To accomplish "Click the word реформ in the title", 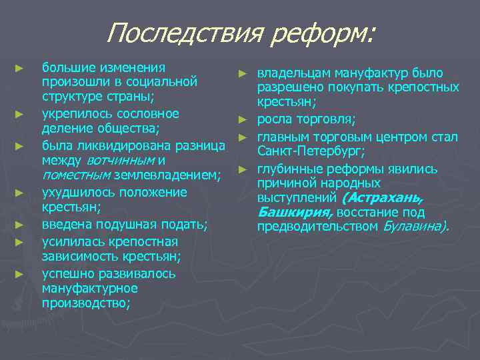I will click(x=321, y=33).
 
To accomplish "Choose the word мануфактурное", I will click(x=89, y=288).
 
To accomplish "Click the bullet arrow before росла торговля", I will click(x=244, y=120).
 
